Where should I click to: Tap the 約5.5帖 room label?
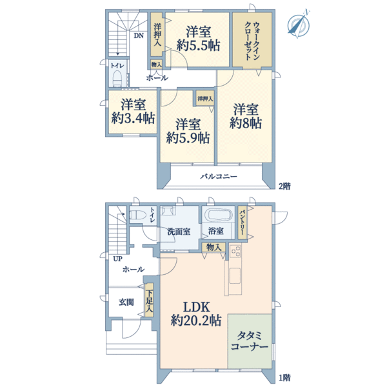point(197,38)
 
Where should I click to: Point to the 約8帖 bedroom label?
point(247,115)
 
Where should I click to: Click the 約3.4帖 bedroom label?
point(132,111)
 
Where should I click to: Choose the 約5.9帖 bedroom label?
point(187,130)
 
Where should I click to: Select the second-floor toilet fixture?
point(117,78)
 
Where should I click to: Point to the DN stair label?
point(139,36)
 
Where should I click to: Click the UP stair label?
point(117,259)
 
